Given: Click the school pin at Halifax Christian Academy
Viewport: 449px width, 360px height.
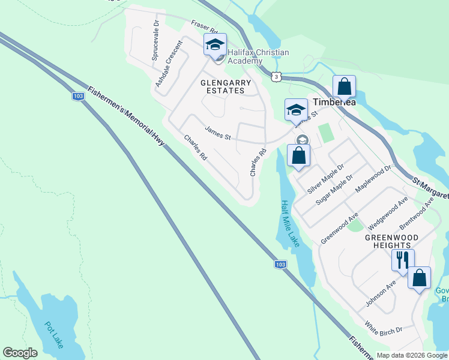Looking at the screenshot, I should point(215,45).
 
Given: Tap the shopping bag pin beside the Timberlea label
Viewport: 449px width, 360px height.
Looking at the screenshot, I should point(345,87).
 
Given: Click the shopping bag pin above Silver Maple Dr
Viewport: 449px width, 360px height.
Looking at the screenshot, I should point(299,156).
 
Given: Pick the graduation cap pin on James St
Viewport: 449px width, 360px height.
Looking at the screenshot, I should point(295,110).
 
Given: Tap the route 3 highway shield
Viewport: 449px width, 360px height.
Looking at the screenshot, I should point(276,77).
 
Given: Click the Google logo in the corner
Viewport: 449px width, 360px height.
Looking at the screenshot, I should point(20,352).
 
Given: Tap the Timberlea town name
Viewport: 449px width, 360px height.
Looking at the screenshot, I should point(334,103).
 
